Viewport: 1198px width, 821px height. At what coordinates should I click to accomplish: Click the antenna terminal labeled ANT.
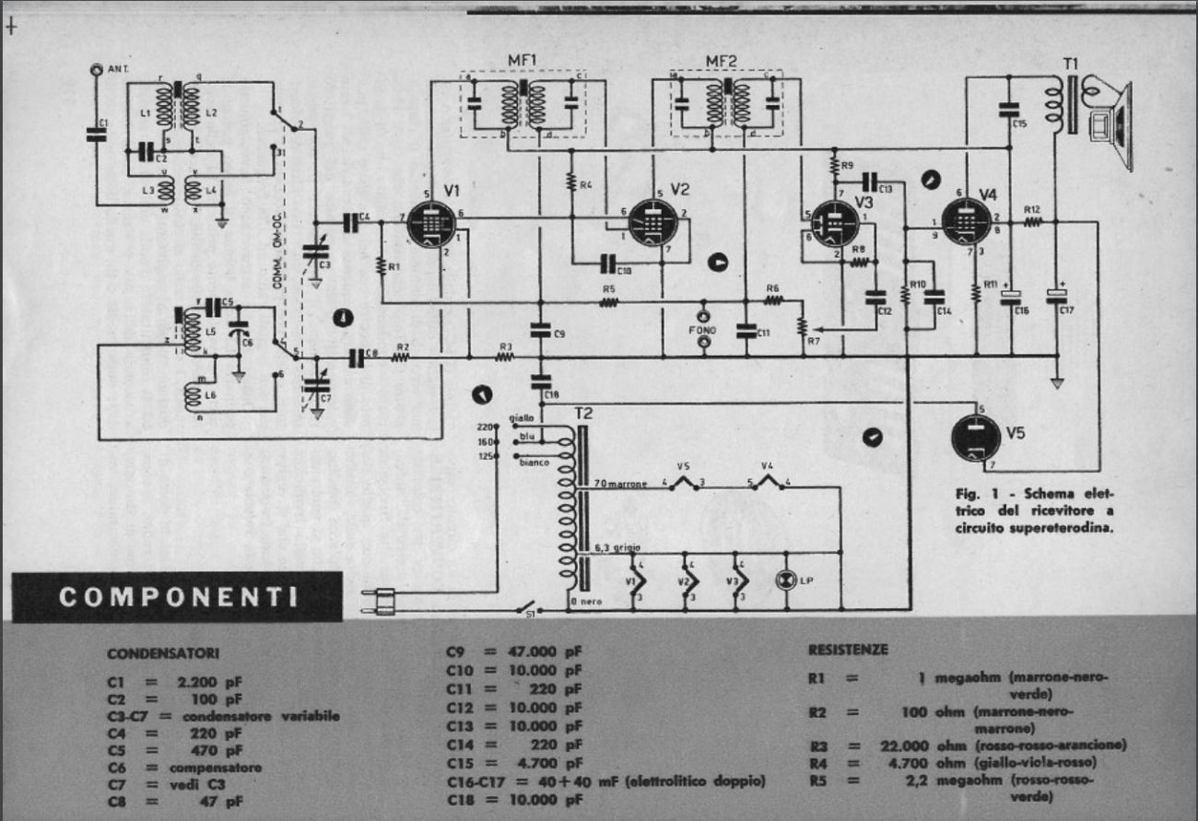click(x=97, y=69)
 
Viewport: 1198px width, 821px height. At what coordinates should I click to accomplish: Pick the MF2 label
click(x=722, y=61)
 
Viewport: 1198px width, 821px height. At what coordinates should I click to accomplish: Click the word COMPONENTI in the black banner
click(x=178, y=596)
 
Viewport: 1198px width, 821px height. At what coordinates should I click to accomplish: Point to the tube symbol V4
click(x=967, y=222)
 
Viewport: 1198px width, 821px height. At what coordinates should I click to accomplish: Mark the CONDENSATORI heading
click(x=163, y=653)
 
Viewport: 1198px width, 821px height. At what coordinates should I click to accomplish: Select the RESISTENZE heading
click(x=848, y=650)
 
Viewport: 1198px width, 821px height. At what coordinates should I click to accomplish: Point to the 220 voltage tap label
click(x=485, y=427)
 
